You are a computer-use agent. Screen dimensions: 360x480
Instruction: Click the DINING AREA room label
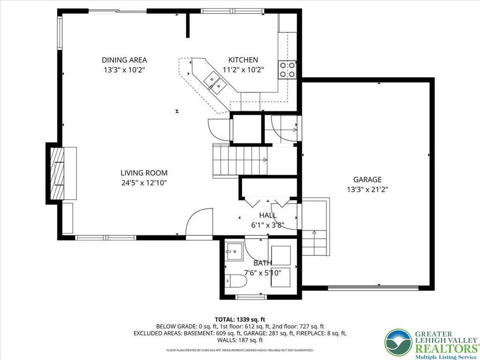[x=124, y=60]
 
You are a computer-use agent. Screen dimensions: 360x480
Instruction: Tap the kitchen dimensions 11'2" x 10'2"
[x=243, y=70]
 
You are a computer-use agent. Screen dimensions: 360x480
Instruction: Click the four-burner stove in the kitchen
[x=287, y=69]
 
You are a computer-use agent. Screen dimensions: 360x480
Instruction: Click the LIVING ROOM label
[x=143, y=173]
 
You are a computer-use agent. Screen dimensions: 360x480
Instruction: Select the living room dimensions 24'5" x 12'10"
[x=143, y=183]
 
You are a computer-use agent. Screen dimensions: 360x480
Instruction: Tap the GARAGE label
[x=367, y=180]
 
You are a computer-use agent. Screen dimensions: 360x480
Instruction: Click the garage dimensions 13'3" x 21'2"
[x=367, y=189]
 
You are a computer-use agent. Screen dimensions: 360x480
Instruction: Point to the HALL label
[x=268, y=215]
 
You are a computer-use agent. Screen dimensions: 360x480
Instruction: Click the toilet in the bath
[x=234, y=281]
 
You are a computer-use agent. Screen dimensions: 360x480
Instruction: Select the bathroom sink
[x=233, y=251]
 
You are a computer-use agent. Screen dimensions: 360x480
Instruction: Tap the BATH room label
[x=262, y=263]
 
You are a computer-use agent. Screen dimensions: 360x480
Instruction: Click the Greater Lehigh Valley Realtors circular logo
[x=398, y=342]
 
